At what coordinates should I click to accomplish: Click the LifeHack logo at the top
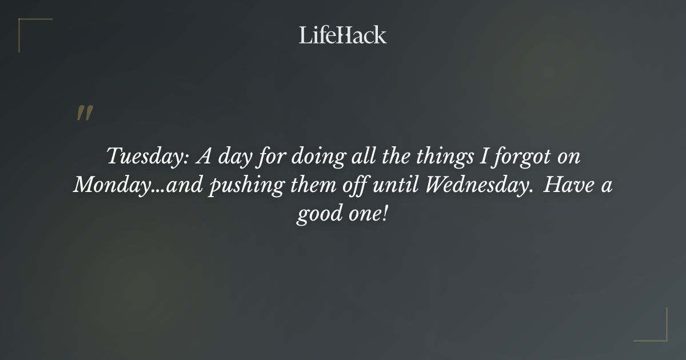coord(343,35)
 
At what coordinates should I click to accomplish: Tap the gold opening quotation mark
coord(84,113)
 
